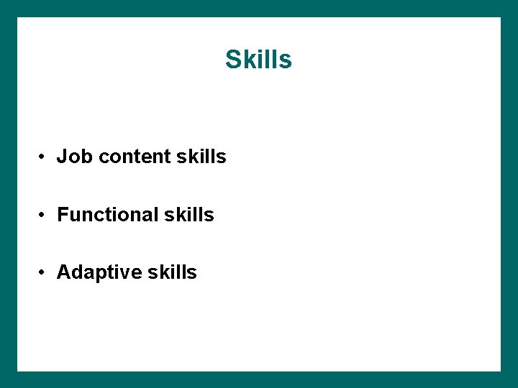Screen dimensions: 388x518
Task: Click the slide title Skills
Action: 258,60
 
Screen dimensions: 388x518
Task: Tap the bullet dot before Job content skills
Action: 44,157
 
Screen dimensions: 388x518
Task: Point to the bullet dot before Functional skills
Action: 44,215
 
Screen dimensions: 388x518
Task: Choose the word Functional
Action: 108,215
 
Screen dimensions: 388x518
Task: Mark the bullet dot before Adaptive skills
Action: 44,273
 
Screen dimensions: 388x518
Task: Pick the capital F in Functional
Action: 63,215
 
